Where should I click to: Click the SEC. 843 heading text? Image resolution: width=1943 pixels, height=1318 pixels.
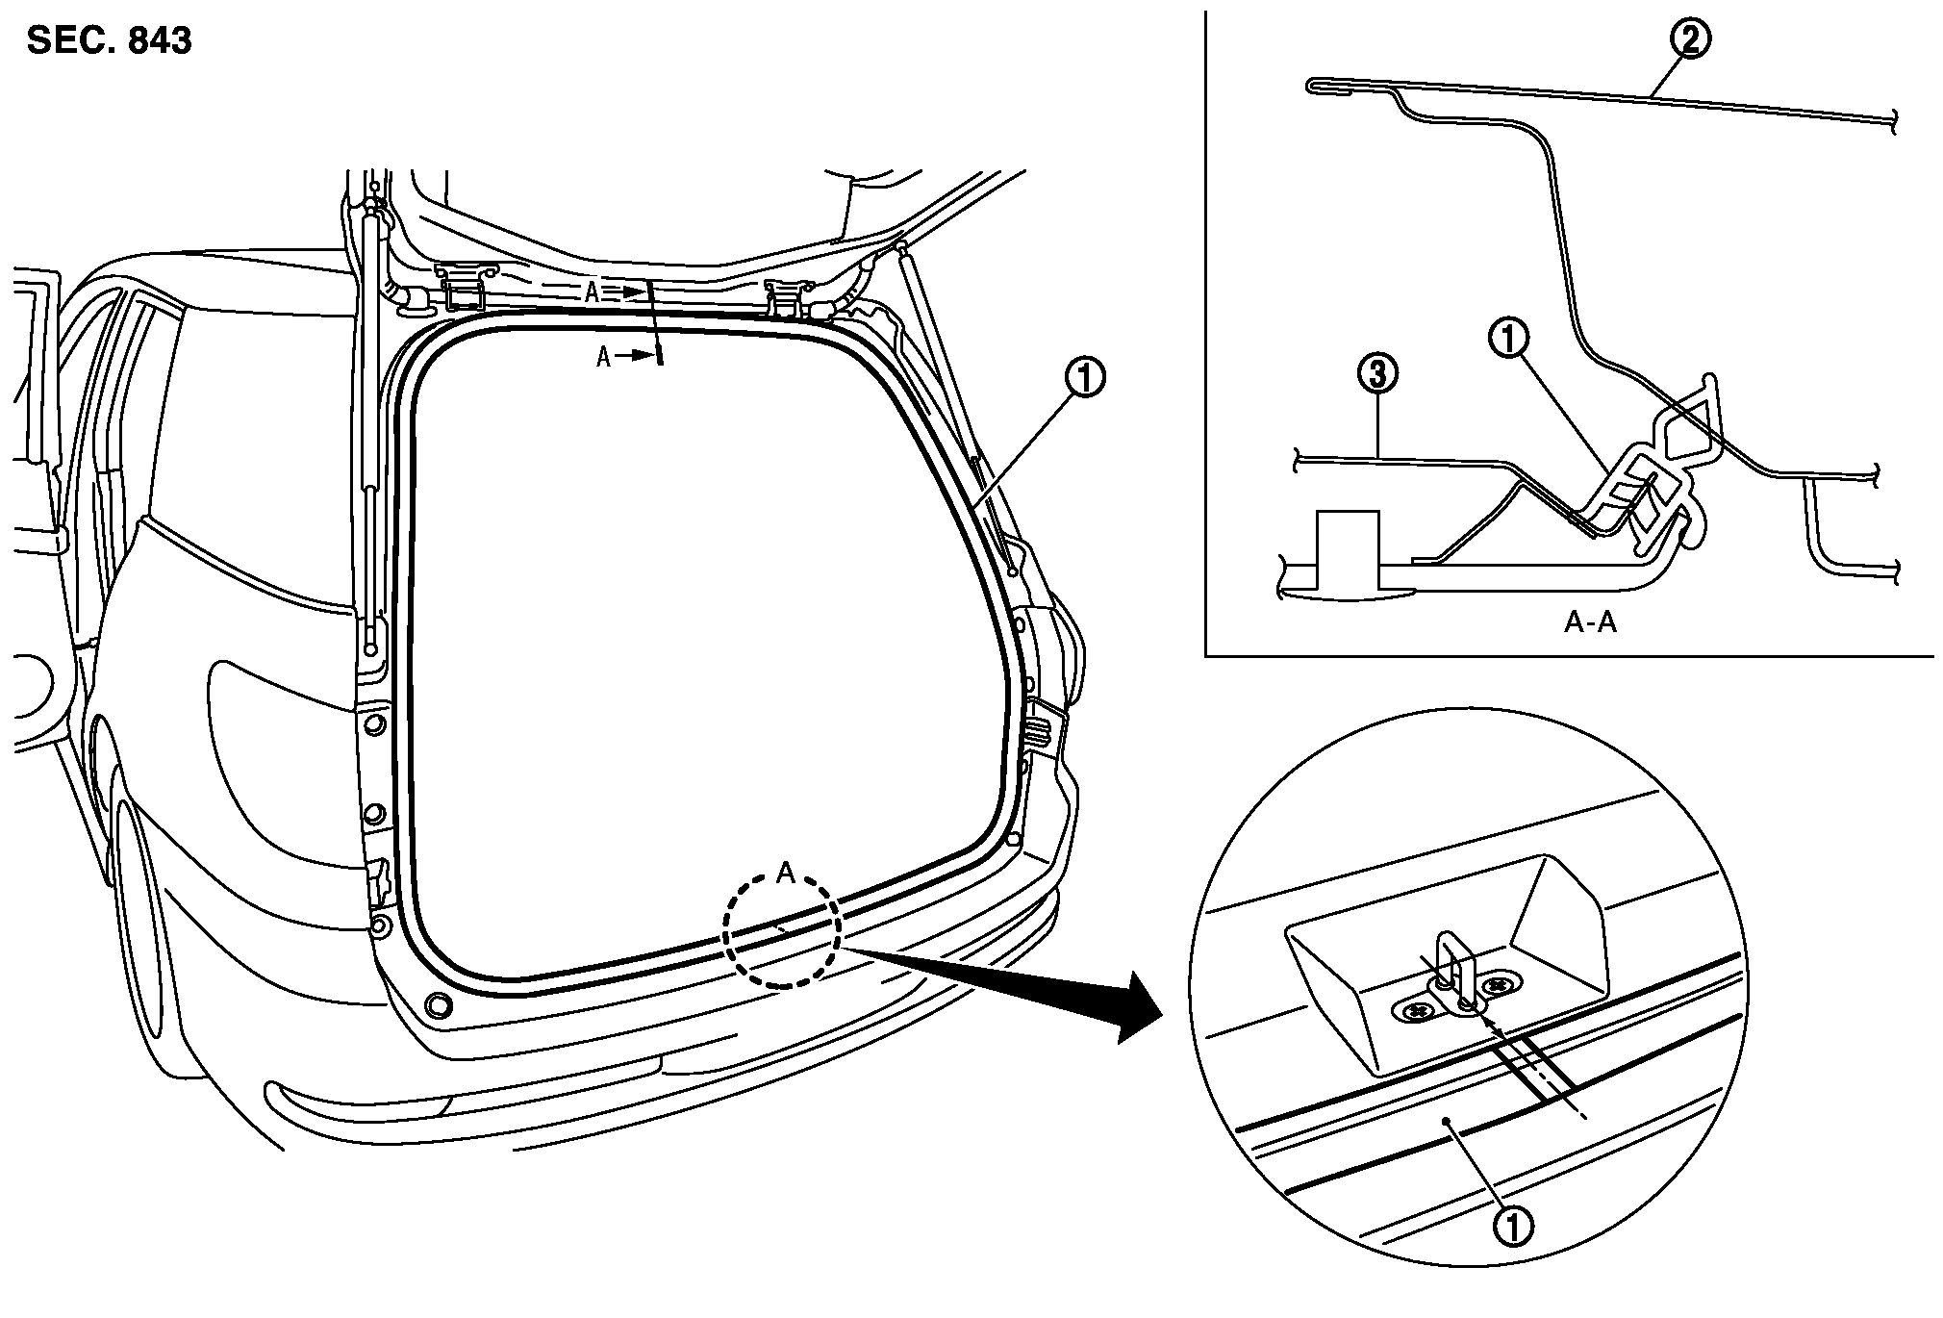pos(109,41)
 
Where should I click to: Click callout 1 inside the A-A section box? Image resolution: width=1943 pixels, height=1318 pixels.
pos(1508,340)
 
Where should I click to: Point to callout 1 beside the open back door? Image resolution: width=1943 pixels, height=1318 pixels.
pos(1084,378)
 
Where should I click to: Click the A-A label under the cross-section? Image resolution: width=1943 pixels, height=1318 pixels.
pos(1589,622)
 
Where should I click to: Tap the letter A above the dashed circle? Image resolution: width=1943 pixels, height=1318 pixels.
pos(785,874)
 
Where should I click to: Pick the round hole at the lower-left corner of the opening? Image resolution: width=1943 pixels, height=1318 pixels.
pos(438,1004)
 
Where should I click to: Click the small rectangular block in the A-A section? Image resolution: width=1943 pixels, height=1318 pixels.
pos(1348,549)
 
